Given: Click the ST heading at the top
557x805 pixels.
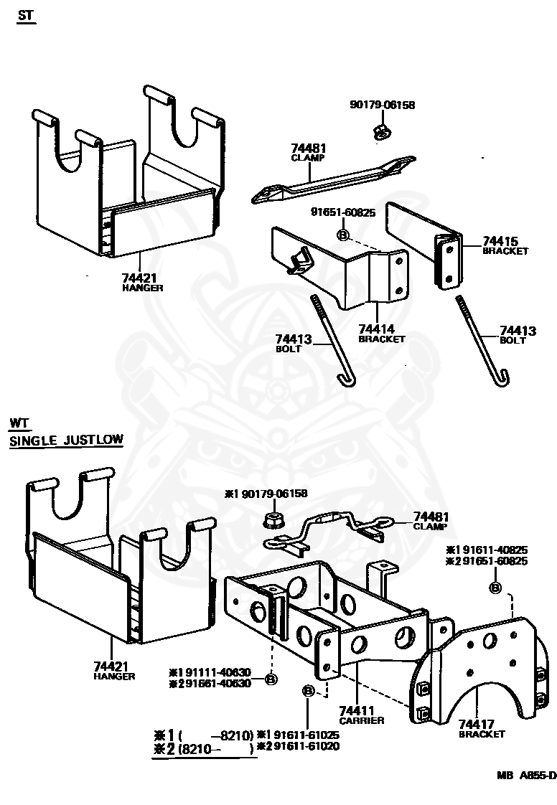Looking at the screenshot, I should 26,16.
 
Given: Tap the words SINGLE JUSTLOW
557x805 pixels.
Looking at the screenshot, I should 66,441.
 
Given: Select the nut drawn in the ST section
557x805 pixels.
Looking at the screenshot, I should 381,131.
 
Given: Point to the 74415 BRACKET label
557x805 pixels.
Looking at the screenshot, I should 505,245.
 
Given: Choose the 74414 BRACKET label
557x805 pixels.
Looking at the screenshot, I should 382,333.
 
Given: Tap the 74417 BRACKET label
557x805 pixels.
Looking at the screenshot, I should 482,728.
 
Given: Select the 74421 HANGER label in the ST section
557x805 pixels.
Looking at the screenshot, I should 143,281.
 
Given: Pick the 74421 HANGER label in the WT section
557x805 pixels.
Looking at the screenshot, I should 113,670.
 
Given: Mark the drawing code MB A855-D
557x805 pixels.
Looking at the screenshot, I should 526,775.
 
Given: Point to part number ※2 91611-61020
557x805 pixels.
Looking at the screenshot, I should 298,746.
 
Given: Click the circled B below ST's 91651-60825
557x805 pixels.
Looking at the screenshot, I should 342,235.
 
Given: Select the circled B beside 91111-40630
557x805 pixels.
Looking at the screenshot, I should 271,679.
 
